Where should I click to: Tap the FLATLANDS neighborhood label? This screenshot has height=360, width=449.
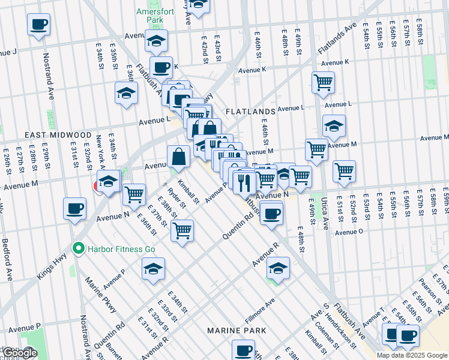coord(250,112)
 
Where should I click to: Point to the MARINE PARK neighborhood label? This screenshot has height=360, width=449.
coord(232,331)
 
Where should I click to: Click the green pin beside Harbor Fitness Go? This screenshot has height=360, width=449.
coord(77,248)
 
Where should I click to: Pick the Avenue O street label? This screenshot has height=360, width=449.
coord(349,232)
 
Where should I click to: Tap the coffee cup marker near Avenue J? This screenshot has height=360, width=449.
coord(38,25)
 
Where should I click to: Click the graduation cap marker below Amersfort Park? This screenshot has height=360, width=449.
coord(156,41)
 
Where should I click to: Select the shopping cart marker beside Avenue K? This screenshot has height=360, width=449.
coord(323,82)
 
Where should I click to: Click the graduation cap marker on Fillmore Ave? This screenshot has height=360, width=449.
coord(277,268)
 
